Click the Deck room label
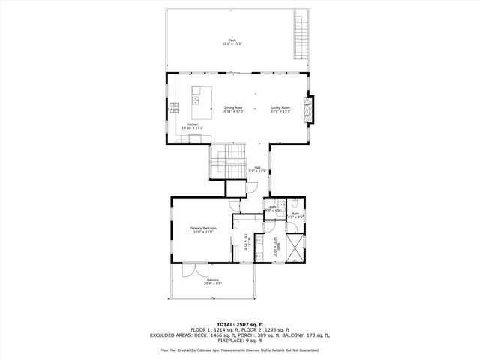click(232, 42)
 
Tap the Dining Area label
click(233, 109)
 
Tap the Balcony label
click(213, 281)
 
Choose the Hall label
click(257, 169)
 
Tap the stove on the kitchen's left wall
click(173, 106)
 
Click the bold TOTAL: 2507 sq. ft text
click(239, 323)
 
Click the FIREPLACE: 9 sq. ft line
click(239, 341)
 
